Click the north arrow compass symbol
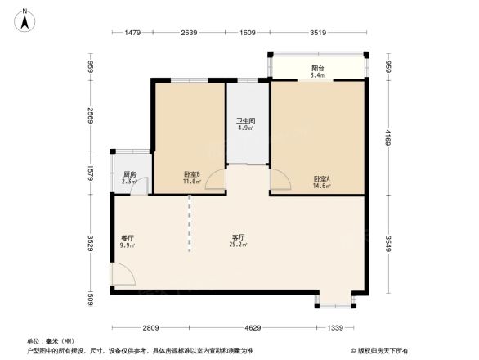tap(26, 19)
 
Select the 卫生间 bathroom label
tap(247, 124)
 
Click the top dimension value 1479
tap(132, 33)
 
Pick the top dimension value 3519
tap(319, 33)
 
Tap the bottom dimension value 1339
tap(336, 327)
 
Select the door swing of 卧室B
tap(216, 182)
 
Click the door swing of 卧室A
tap(278, 178)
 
